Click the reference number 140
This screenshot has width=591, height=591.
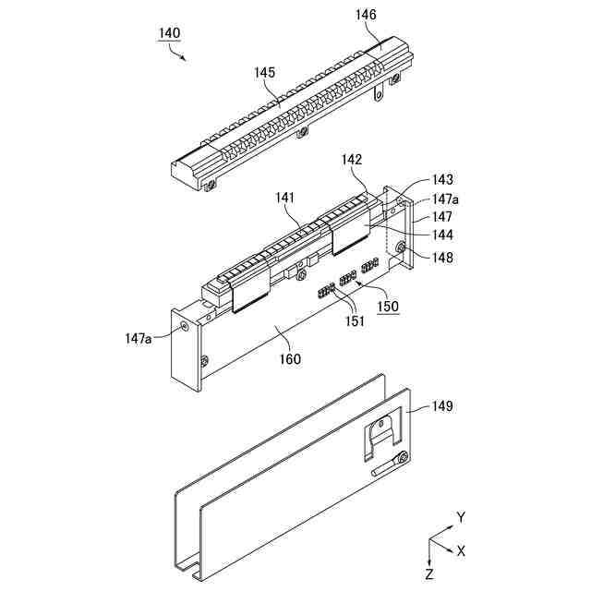pos(169,32)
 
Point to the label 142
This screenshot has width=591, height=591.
pos(352,160)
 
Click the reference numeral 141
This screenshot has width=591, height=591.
pos(284,198)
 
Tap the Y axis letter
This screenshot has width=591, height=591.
pos(460,517)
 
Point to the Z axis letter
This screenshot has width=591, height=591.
pos(428,574)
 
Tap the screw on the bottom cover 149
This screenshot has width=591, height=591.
pos(404,458)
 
